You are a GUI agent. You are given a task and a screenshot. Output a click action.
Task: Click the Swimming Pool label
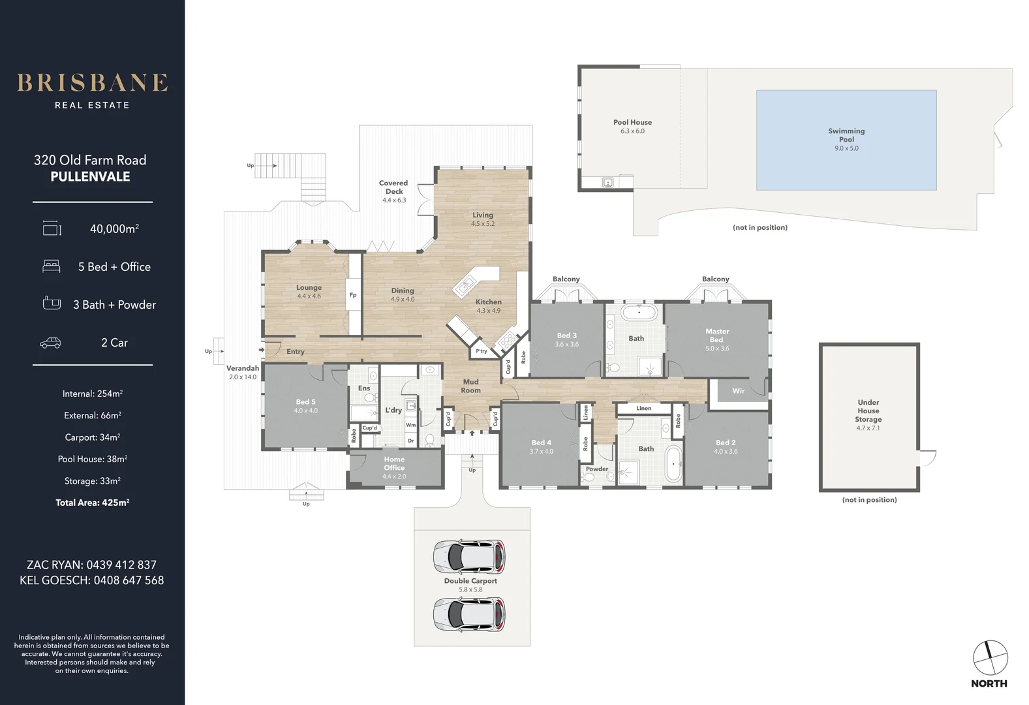coord(846,135)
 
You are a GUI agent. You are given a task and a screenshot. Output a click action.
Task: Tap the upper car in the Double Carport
coord(470,557)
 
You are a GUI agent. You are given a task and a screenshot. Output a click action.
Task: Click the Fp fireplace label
coord(353,295)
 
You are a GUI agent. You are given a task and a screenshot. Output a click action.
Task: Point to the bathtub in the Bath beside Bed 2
coord(673,463)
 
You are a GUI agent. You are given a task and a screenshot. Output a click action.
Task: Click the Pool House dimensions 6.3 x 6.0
coord(632,131)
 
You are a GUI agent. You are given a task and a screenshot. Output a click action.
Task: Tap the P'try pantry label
coord(482,351)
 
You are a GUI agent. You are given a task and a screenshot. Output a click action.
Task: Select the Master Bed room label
coord(717,336)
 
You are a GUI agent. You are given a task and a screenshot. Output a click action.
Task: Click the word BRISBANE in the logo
coord(93,83)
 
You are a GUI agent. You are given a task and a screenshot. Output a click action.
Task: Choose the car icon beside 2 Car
coord(50,343)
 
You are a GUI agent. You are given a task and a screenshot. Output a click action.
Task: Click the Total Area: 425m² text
coord(93,503)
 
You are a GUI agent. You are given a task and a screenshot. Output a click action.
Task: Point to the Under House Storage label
coord(868,411)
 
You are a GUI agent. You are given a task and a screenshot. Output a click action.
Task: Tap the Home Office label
coord(394,463)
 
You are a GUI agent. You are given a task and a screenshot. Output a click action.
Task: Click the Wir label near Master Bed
coord(738,391)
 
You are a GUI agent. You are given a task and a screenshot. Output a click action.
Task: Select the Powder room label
coord(597,469)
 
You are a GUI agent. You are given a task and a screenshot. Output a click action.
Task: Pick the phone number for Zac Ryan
coord(122,565)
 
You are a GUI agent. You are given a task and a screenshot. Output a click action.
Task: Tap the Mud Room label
coord(471,386)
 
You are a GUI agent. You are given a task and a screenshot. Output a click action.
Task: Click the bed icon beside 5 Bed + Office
coord(52,266)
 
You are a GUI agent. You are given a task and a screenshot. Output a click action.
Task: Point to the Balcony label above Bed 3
coord(566,279)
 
